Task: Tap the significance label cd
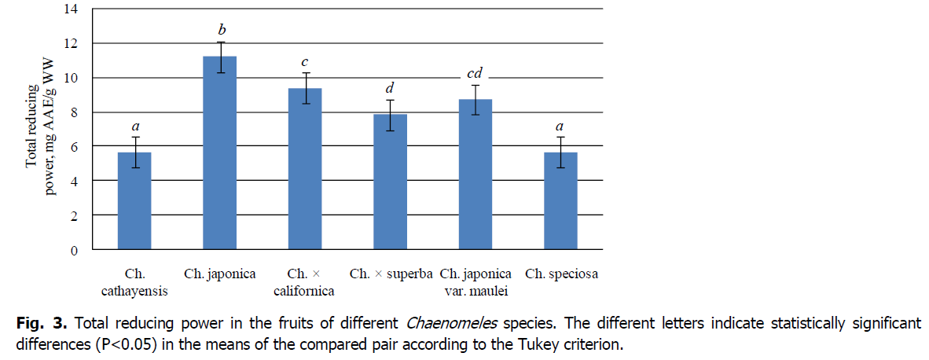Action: point(474,74)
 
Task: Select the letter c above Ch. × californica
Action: point(305,61)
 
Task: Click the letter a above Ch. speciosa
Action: point(560,126)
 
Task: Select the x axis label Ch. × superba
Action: point(390,274)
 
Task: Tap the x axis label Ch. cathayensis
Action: point(134,282)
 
